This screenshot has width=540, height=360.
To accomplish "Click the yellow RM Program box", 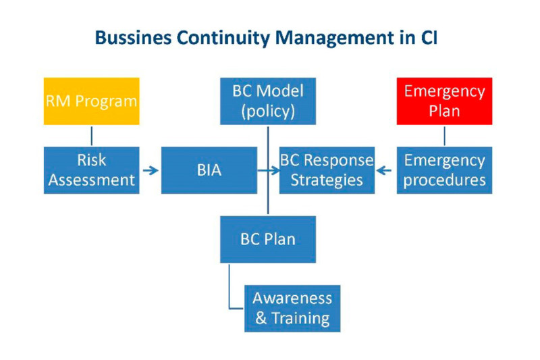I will coord(91,101).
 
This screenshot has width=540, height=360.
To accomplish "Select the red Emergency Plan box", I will coord(444,101).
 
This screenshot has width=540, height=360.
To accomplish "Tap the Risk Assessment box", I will coord(91,170).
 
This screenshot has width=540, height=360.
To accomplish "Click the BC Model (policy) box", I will coord(268,101).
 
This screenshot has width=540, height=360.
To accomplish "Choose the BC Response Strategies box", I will coord(327,170).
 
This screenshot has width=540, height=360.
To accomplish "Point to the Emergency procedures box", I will coord(444,170).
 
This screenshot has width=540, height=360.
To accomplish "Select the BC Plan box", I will coord(268,239).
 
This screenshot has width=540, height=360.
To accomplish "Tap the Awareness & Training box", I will coord(292,308).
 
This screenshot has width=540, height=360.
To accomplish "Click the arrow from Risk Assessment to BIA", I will coord(151,171).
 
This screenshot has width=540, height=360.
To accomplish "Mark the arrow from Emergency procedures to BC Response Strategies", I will coord(385,171).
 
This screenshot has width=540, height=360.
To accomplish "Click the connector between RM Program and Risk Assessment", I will coord(91,136).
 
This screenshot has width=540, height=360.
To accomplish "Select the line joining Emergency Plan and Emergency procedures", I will coord(444,136).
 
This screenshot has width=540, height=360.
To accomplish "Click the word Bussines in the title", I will coord(134,38).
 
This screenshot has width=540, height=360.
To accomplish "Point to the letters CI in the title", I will coord(427,38).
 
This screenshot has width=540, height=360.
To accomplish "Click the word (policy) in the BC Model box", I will coord(268,111).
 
